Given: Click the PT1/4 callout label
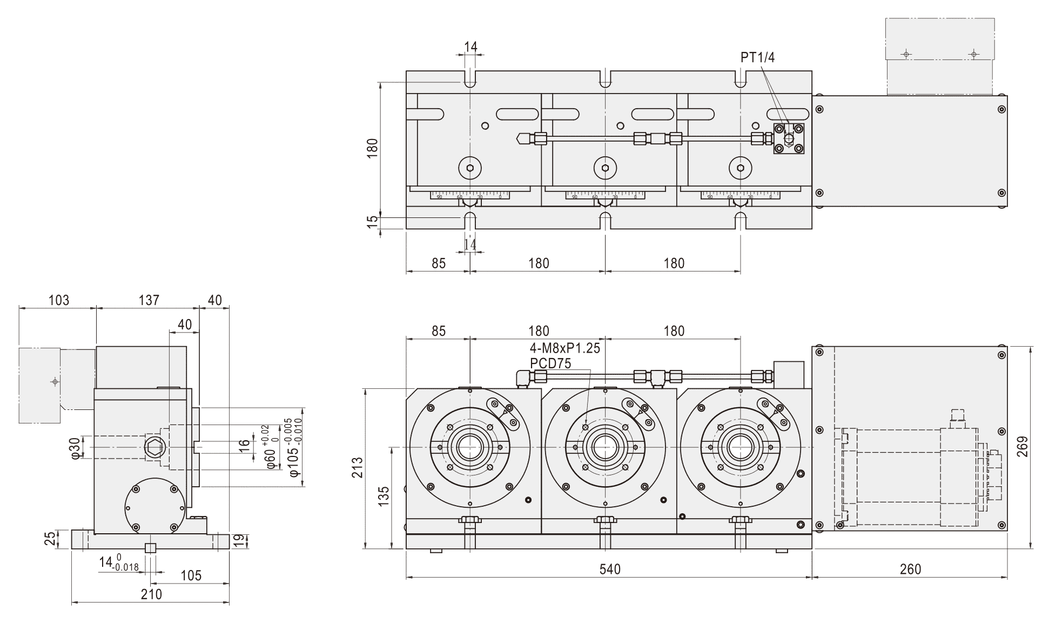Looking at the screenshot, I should click(757, 58).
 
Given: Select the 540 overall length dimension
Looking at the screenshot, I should click(609, 569).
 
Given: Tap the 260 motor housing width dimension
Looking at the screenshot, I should click(910, 569).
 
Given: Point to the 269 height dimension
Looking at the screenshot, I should click(1023, 447).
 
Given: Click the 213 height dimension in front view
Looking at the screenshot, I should click(357, 468).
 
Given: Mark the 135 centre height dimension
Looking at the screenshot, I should click(383, 496).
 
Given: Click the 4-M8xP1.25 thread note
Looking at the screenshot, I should click(564, 348).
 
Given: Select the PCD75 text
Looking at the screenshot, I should click(550, 363).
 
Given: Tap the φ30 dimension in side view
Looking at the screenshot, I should click(76, 448).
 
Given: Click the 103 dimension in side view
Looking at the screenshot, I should click(58, 300).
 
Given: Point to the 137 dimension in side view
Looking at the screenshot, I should click(149, 300).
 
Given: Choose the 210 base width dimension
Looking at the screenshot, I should click(151, 594).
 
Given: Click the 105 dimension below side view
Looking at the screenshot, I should click(191, 575).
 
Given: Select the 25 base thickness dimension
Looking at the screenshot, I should click(50, 539).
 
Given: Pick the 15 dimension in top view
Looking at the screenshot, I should click(372, 222).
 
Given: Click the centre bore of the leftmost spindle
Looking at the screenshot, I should click(470, 447).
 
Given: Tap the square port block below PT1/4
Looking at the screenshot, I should click(789, 138).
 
